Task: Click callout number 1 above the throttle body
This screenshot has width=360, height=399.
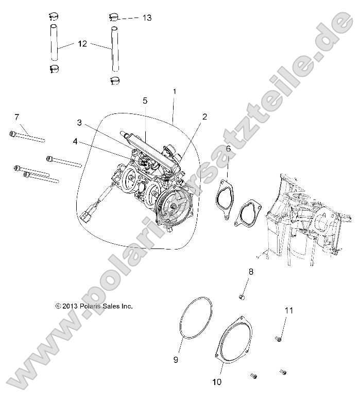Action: [175, 91]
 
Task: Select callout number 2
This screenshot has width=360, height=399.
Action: [204, 117]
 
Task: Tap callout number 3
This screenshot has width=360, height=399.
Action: [79, 123]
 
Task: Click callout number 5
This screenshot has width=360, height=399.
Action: [145, 100]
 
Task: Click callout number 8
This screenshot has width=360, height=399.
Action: [251, 272]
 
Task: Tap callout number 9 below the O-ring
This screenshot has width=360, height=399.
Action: [176, 359]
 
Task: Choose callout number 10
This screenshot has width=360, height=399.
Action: [216, 382]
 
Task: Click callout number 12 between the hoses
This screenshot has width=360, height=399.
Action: [82, 44]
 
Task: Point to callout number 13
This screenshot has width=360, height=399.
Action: [147, 18]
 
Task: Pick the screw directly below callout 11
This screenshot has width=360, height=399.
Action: [278, 339]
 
